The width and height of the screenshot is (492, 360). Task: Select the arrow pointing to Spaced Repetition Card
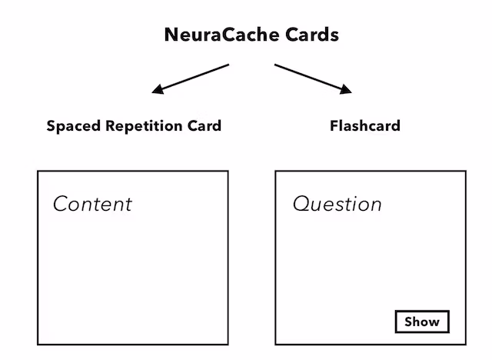coord(191,78)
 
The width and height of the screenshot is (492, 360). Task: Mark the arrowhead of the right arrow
coord(347,91)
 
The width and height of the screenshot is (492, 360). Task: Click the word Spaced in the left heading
coord(71,126)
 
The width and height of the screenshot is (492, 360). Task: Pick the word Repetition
coord(144,126)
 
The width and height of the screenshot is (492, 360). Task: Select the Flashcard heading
coord(365,126)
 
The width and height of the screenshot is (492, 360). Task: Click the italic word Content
coord(92,204)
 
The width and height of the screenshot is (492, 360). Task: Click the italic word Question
coord(337,205)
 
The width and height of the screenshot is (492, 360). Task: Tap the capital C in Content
coord(60,204)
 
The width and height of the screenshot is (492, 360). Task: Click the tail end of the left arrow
coord(228,65)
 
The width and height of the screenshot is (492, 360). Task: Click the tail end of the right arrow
coord(275,65)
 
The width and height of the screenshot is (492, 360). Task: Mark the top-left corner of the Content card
coord(38,171)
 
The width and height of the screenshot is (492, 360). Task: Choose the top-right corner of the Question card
coord(466,171)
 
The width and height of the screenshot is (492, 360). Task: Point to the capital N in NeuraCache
coord(171,35)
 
